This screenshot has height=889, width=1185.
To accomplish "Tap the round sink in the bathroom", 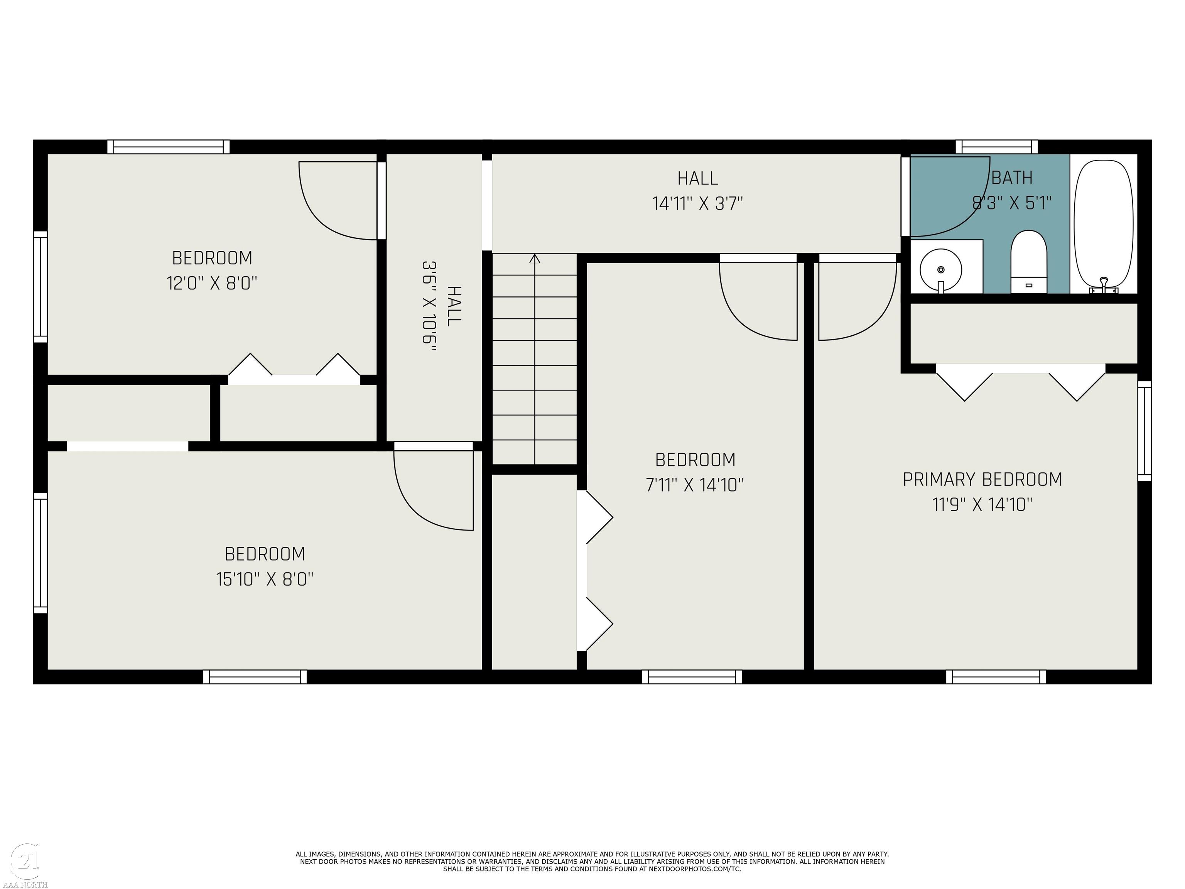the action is click(941, 270).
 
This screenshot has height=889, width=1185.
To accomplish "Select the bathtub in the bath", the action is click(1104, 226).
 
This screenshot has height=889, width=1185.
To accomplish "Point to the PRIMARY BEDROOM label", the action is click(982, 479).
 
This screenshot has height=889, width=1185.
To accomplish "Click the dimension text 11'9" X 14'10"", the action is click(982, 505).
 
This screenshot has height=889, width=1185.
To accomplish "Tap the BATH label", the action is click(1012, 178).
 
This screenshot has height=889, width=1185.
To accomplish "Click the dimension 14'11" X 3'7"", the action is click(697, 204).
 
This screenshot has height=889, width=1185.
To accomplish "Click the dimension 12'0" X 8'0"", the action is click(212, 283).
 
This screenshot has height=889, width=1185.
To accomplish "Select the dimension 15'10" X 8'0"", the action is click(265, 579).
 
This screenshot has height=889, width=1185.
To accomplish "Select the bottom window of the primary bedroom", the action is click(996, 677).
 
